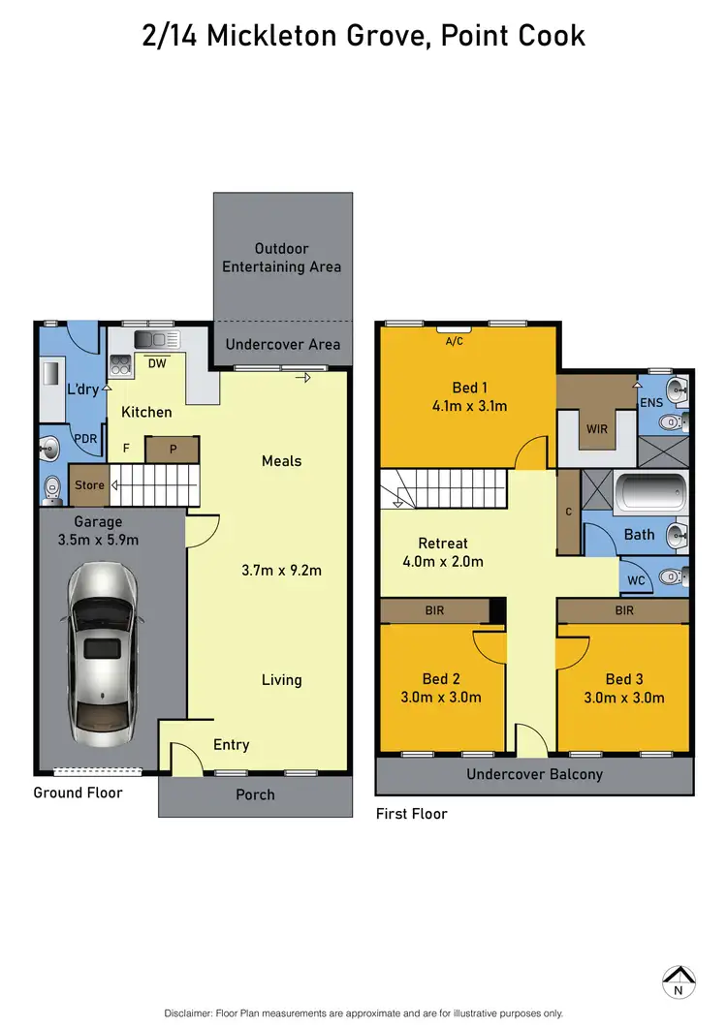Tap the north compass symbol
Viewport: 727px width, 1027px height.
point(679,981)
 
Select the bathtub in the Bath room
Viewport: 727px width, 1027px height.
point(652,493)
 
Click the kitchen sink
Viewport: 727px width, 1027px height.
point(157,340)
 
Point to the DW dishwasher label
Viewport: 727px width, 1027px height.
point(155,364)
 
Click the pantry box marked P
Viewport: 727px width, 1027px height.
point(172,450)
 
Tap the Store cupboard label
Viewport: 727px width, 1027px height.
point(88,485)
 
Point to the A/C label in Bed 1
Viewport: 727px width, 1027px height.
point(454,341)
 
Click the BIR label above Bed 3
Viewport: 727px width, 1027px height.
point(623,610)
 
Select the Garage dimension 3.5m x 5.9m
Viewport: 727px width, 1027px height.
point(99,540)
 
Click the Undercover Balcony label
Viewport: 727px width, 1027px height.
point(534,774)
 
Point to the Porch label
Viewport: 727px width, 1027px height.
point(256,794)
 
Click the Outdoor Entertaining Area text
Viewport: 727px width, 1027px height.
point(282,258)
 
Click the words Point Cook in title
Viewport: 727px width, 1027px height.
point(514,36)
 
